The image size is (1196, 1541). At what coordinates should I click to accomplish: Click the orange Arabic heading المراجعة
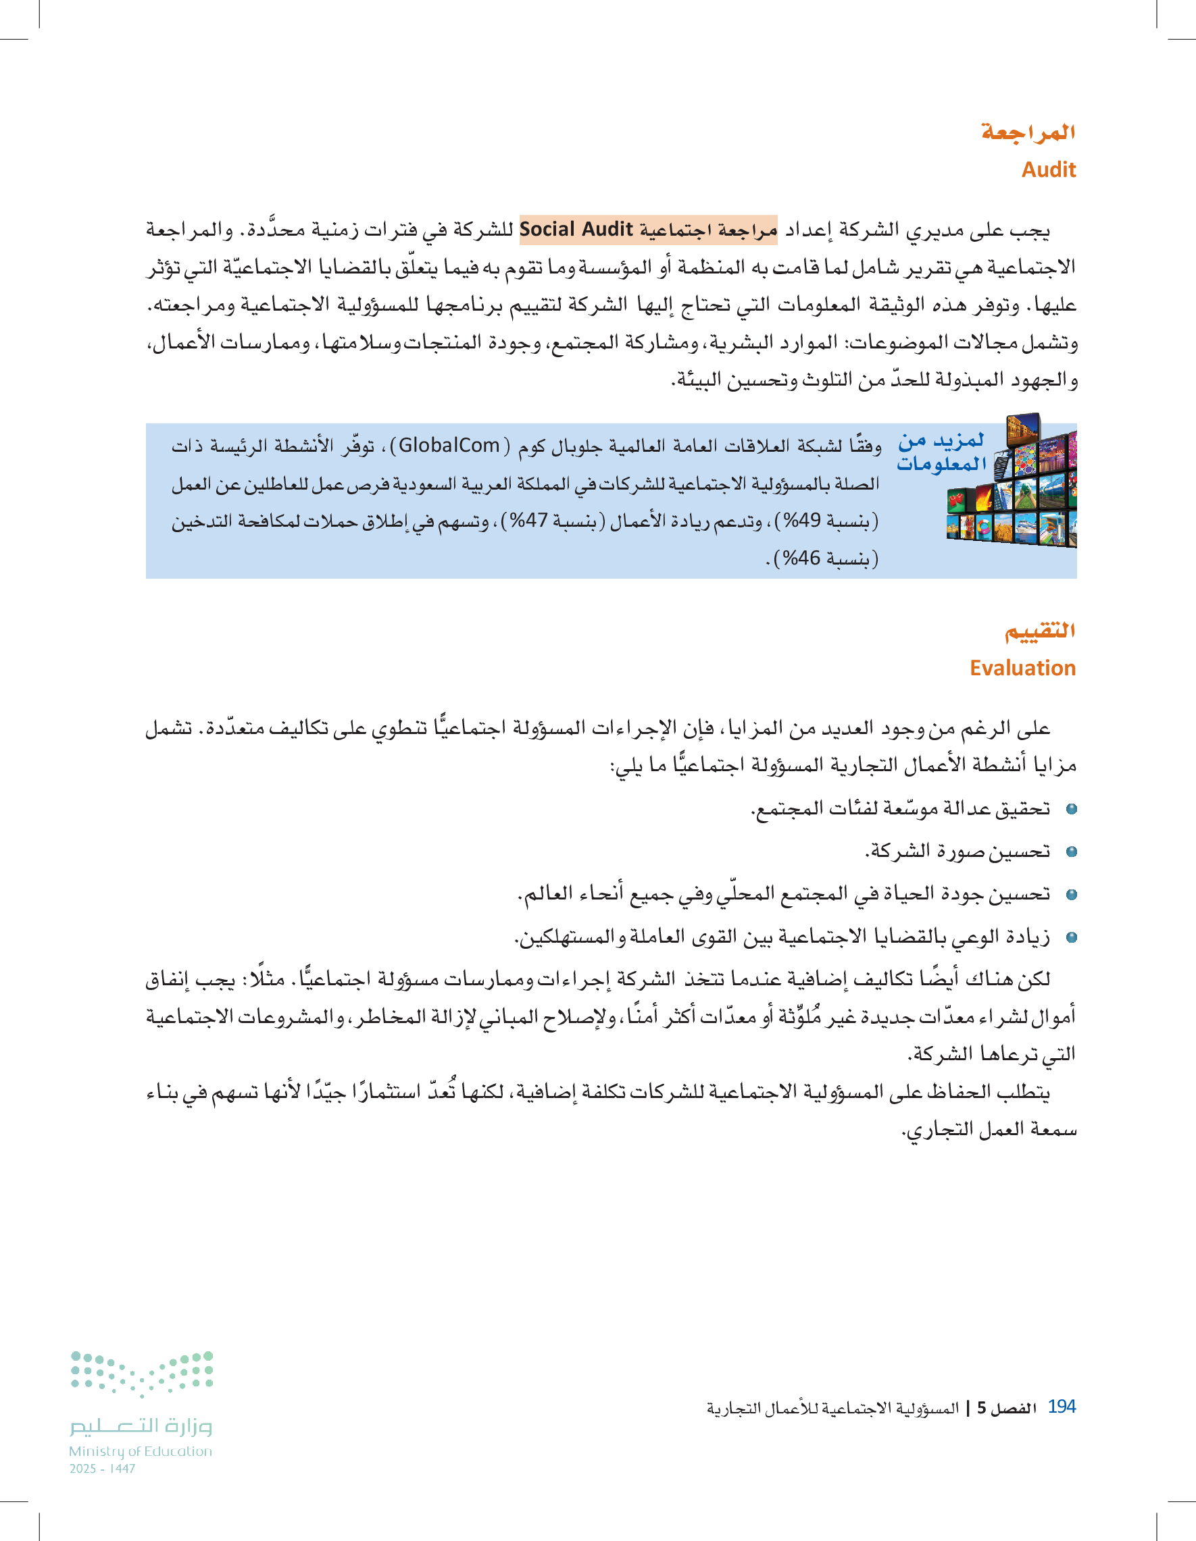pyautogui.click(x=1028, y=132)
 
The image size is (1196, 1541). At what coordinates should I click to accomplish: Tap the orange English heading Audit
pyautogui.click(x=1049, y=170)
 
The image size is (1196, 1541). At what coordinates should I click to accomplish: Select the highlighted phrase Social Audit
pyautogui.click(x=576, y=230)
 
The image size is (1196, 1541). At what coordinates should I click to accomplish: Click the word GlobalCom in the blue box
pyautogui.click(x=449, y=446)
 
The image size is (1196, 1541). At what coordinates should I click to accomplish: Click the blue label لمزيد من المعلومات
pyautogui.click(x=941, y=452)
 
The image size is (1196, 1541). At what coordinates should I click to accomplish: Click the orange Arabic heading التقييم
pyautogui.click(x=1039, y=630)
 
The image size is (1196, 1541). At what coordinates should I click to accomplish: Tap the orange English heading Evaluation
pyautogui.click(x=1022, y=668)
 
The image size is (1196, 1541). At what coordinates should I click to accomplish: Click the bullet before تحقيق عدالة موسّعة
pyautogui.click(x=1071, y=809)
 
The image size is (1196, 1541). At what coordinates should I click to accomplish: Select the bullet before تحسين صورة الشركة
pyautogui.click(x=1071, y=852)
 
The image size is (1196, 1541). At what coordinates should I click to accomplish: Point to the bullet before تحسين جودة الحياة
pyautogui.click(x=1071, y=895)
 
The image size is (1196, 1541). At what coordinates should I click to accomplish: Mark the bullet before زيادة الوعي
pyautogui.click(x=1071, y=938)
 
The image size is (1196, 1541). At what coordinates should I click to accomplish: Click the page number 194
pyautogui.click(x=1061, y=1407)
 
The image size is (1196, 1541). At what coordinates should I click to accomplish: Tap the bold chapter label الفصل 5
pyautogui.click(x=1007, y=1409)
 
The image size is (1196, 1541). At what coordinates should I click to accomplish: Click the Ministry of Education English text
pyautogui.click(x=141, y=1451)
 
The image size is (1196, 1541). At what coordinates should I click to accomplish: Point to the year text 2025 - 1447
pyautogui.click(x=103, y=1469)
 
